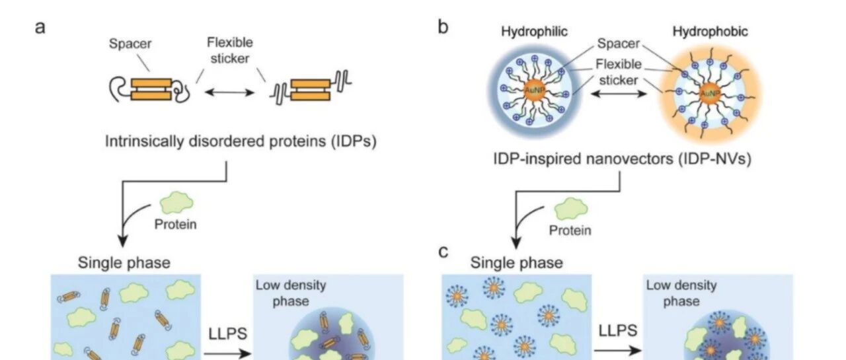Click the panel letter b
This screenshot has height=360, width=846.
click(443, 26)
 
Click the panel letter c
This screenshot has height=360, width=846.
click(443, 252)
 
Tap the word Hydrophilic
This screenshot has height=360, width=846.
click(534, 32)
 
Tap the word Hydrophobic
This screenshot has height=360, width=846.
click(710, 32)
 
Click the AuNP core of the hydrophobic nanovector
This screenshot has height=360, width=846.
click(710, 93)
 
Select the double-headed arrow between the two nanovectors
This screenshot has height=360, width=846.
click(618, 93)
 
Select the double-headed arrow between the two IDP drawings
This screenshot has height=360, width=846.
click(229, 92)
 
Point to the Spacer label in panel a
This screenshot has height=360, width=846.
click(130, 44)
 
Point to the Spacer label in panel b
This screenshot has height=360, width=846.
click(618, 44)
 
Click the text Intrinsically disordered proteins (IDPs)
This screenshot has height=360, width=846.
click(241, 141)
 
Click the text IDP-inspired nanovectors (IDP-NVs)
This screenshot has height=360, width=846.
click(622, 159)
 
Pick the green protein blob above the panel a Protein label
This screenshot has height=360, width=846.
click(176, 203)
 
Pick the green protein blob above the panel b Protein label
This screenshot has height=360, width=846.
click(571, 209)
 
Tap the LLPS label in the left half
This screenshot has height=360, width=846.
click(228, 334)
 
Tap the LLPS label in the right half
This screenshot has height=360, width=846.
click(618, 331)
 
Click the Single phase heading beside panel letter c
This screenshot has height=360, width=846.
click(516, 263)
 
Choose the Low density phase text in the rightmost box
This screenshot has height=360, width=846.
click(681, 293)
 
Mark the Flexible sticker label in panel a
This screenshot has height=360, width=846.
click(229, 51)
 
